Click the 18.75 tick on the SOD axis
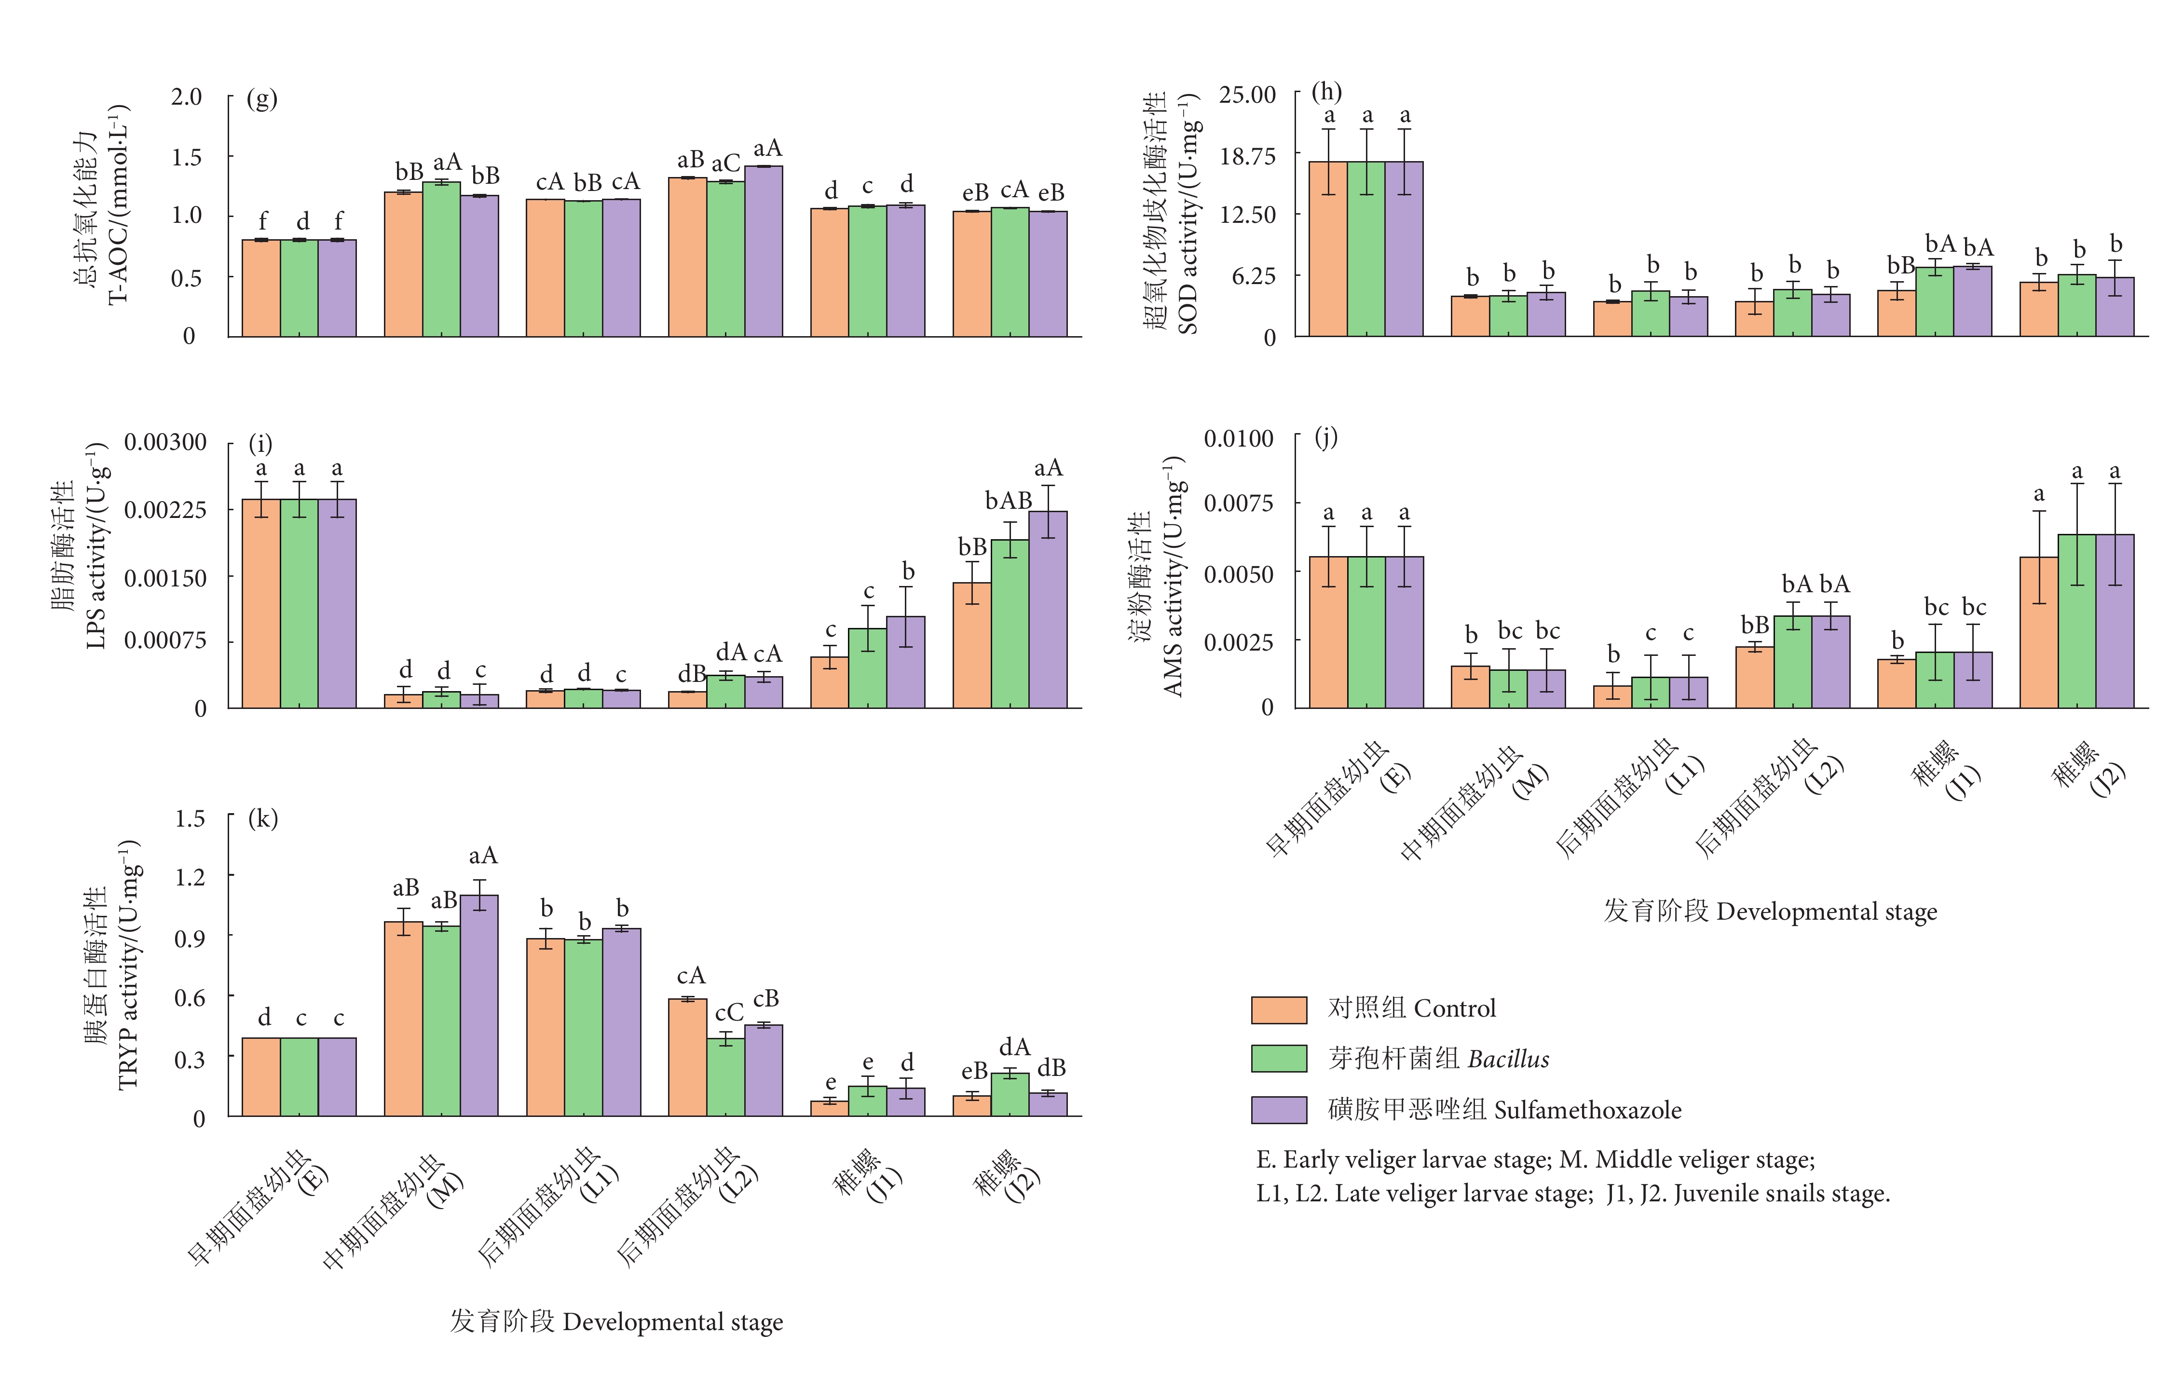pyautogui.click(x=1247, y=156)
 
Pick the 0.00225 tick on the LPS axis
pyautogui.click(x=165, y=510)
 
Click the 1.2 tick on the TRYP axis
pyautogui.click(x=190, y=877)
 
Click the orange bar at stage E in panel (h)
pyautogui.click(x=1328, y=249)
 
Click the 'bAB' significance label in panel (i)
pyautogui.click(x=1009, y=501)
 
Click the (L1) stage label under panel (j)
pyautogui.click(x=1685, y=775)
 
